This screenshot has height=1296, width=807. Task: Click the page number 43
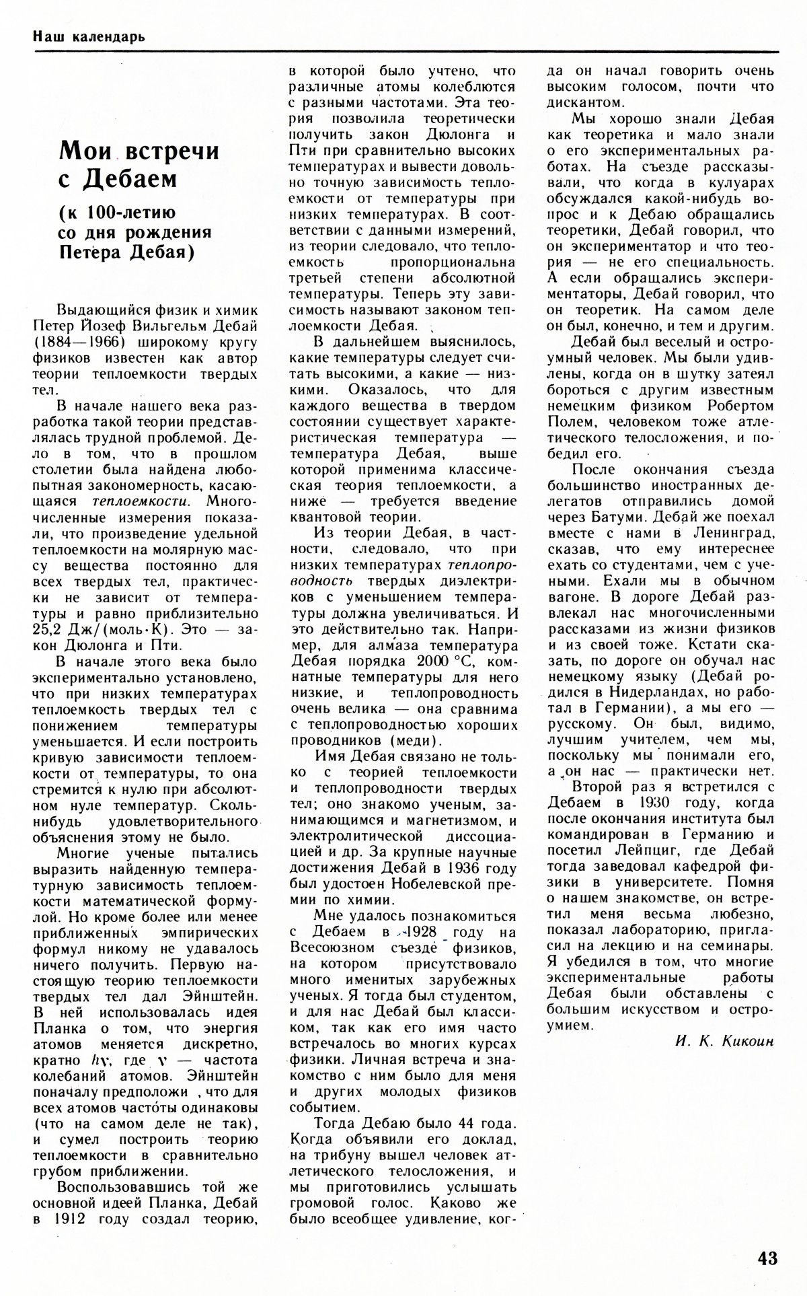[x=767, y=1258]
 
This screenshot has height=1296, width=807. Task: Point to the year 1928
[x=419, y=932]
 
